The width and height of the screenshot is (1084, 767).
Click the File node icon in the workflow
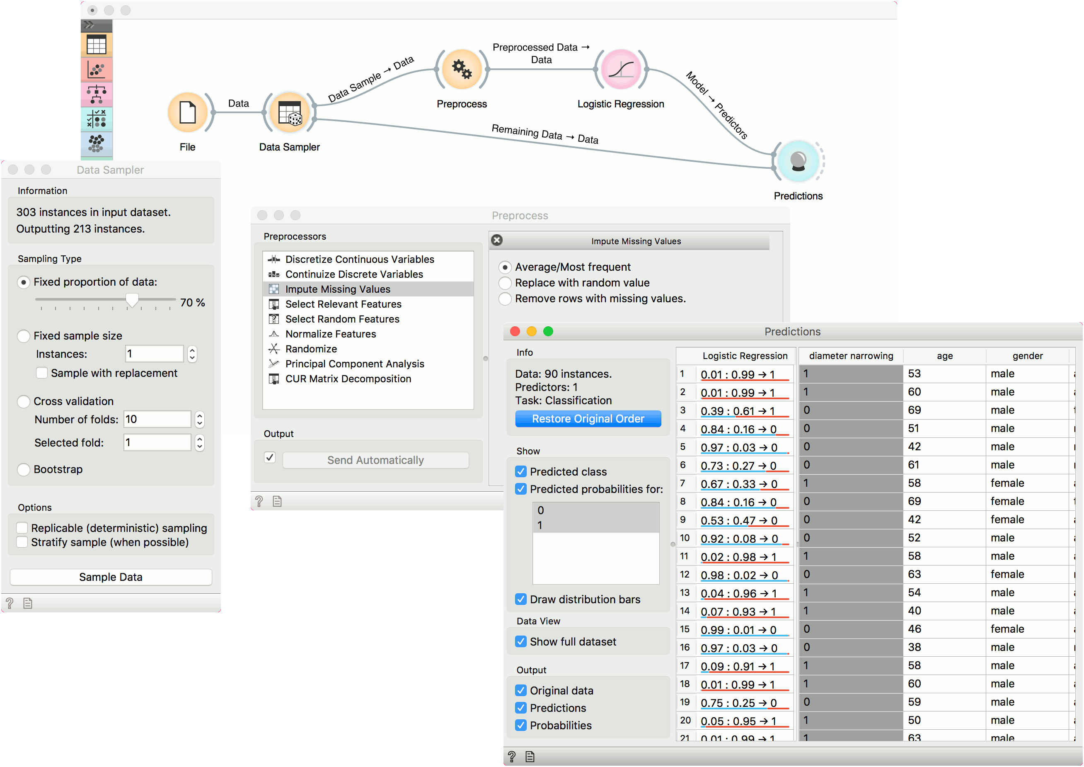coord(187,112)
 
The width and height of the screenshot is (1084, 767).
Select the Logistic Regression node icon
coord(621,69)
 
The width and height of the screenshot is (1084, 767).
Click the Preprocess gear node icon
coord(462,69)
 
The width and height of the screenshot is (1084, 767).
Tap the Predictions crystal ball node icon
coord(798,161)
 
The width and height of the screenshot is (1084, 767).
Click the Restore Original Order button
coord(588,418)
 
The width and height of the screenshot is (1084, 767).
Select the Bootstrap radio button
coord(24,469)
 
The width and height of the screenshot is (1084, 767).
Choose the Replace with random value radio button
coord(505,283)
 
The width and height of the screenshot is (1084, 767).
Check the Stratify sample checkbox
coord(22,542)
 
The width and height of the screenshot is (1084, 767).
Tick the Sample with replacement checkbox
coord(42,373)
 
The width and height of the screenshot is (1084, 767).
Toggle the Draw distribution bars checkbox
coord(521,600)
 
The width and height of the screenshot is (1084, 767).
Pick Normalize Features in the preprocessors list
coord(331,334)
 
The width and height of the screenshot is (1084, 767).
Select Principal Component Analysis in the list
coord(355,364)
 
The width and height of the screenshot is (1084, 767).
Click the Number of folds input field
coord(157,420)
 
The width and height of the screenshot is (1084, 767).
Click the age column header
coord(945,356)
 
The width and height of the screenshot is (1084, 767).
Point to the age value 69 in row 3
coord(915,410)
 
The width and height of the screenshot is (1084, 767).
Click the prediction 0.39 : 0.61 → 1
coord(738,411)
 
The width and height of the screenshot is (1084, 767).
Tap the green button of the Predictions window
coord(548,332)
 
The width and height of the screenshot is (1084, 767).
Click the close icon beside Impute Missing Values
coord(497,240)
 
